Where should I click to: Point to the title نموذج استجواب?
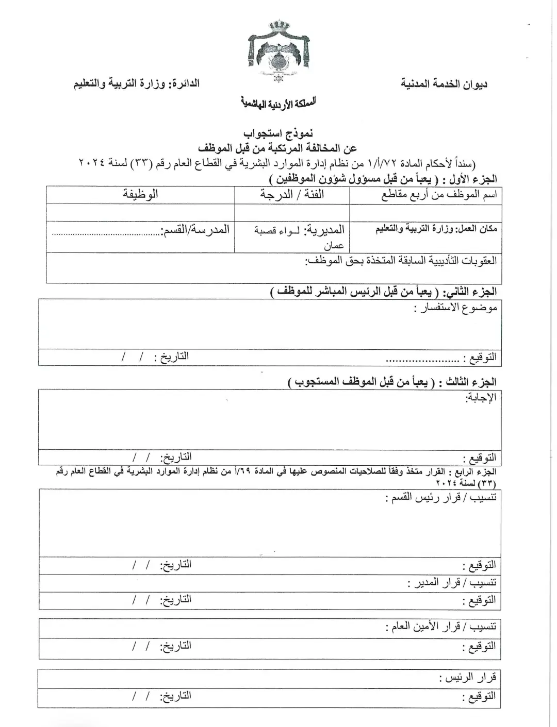click(x=278, y=134)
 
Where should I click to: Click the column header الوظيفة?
click(x=140, y=195)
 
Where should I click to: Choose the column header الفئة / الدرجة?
click(x=292, y=195)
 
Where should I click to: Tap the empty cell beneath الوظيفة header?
click(x=140, y=212)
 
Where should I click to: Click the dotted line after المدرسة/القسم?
click(x=106, y=235)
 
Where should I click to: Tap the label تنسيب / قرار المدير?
click(x=452, y=583)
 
